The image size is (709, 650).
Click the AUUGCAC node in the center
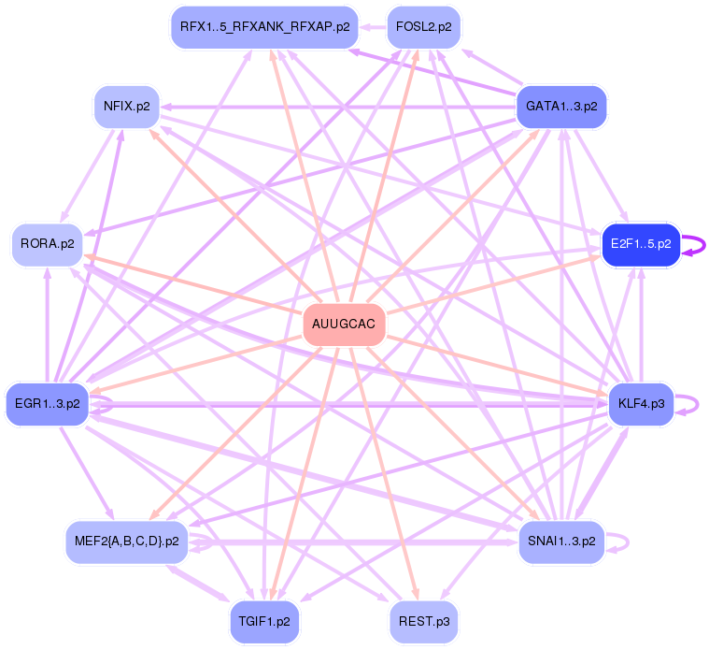click(x=345, y=325)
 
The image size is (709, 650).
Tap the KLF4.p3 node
click(x=641, y=405)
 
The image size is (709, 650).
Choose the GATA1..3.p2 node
click(x=561, y=106)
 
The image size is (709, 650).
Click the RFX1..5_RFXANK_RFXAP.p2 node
click(x=264, y=27)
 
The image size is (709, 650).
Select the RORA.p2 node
click(x=47, y=244)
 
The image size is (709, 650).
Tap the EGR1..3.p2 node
click(x=47, y=405)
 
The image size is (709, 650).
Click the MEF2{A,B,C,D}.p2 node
click(x=127, y=541)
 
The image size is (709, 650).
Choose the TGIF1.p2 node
click(x=265, y=621)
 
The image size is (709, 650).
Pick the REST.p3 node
click(x=424, y=621)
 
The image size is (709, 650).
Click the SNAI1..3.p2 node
click(x=561, y=541)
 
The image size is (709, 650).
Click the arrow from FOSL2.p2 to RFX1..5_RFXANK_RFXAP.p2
click(x=373, y=27)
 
